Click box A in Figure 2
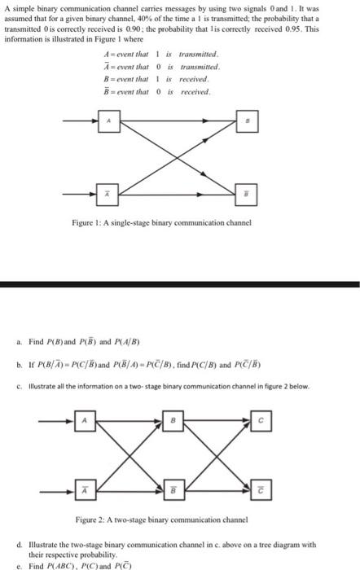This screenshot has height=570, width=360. [x=83, y=420]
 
